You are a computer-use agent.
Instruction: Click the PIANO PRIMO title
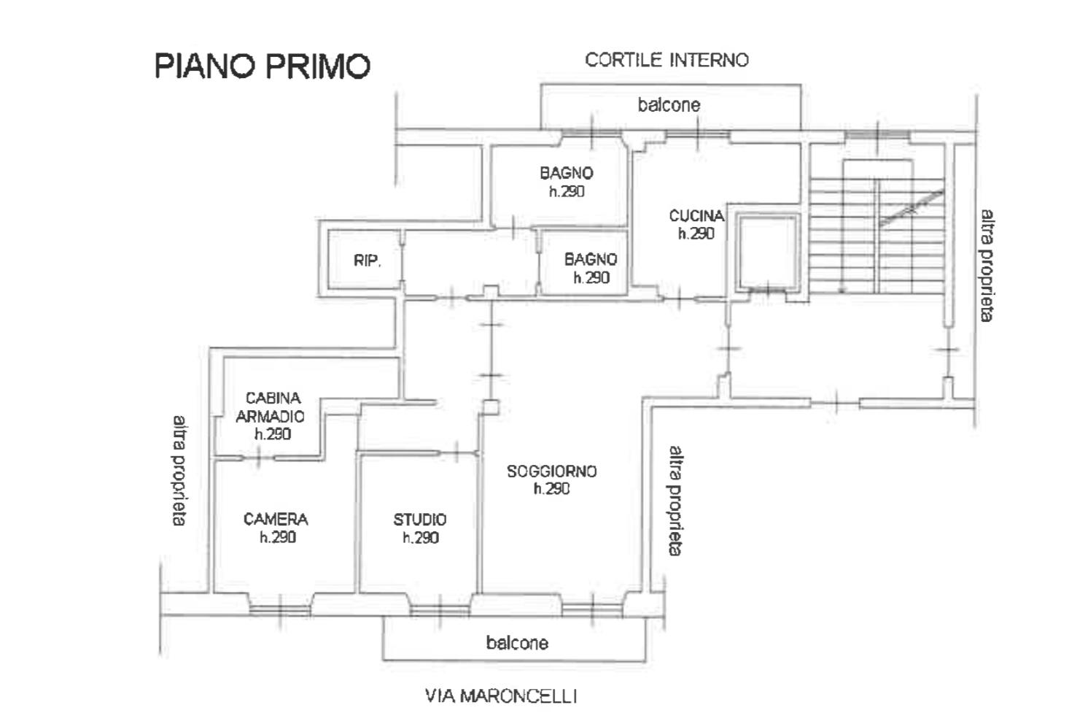click(263, 66)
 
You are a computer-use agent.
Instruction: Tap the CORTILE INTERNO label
click(667, 61)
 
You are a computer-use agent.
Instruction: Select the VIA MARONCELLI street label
click(501, 696)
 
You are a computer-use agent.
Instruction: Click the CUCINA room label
click(696, 215)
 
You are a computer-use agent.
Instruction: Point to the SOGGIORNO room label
click(552, 471)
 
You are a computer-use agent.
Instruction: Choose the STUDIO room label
click(419, 520)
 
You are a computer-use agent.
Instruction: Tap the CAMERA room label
click(276, 520)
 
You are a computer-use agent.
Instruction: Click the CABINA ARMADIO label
click(271, 407)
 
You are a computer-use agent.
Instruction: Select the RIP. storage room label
click(368, 261)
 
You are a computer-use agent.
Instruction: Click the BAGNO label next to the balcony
click(567, 173)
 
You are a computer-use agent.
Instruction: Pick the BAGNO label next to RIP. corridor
click(591, 259)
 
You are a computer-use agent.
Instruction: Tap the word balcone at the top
click(669, 104)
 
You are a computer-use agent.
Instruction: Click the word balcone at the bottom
click(517, 643)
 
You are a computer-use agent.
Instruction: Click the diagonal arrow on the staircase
click(912, 209)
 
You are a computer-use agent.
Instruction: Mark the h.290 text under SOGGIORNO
click(552, 489)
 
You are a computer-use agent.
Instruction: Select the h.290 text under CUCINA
click(696, 234)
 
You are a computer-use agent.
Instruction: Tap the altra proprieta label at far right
click(987, 266)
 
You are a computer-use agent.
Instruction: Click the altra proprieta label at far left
click(179, 471)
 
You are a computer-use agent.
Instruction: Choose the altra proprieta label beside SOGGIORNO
click(676, 501)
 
